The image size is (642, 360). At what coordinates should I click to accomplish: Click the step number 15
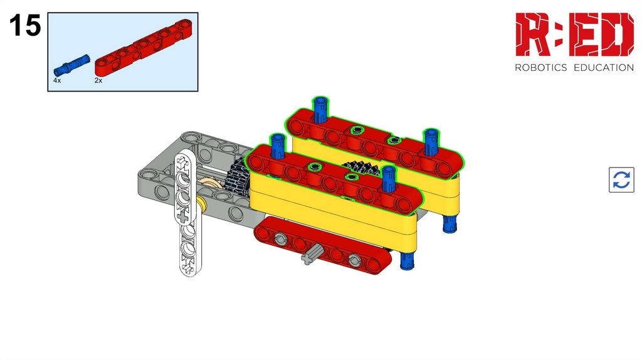coord(25,25)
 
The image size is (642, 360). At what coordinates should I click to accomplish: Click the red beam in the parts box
coord(144,48)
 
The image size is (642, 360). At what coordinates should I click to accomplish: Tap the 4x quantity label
coord(57,81)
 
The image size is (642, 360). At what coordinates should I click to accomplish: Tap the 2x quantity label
coord(98,81)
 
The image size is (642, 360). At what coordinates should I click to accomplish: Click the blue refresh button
coord(621,180)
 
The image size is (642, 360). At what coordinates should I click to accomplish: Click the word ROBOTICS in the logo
coord(541,68)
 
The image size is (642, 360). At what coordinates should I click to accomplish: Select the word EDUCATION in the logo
coord(604,68)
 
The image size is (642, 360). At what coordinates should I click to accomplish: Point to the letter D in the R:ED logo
coord(614,34)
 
